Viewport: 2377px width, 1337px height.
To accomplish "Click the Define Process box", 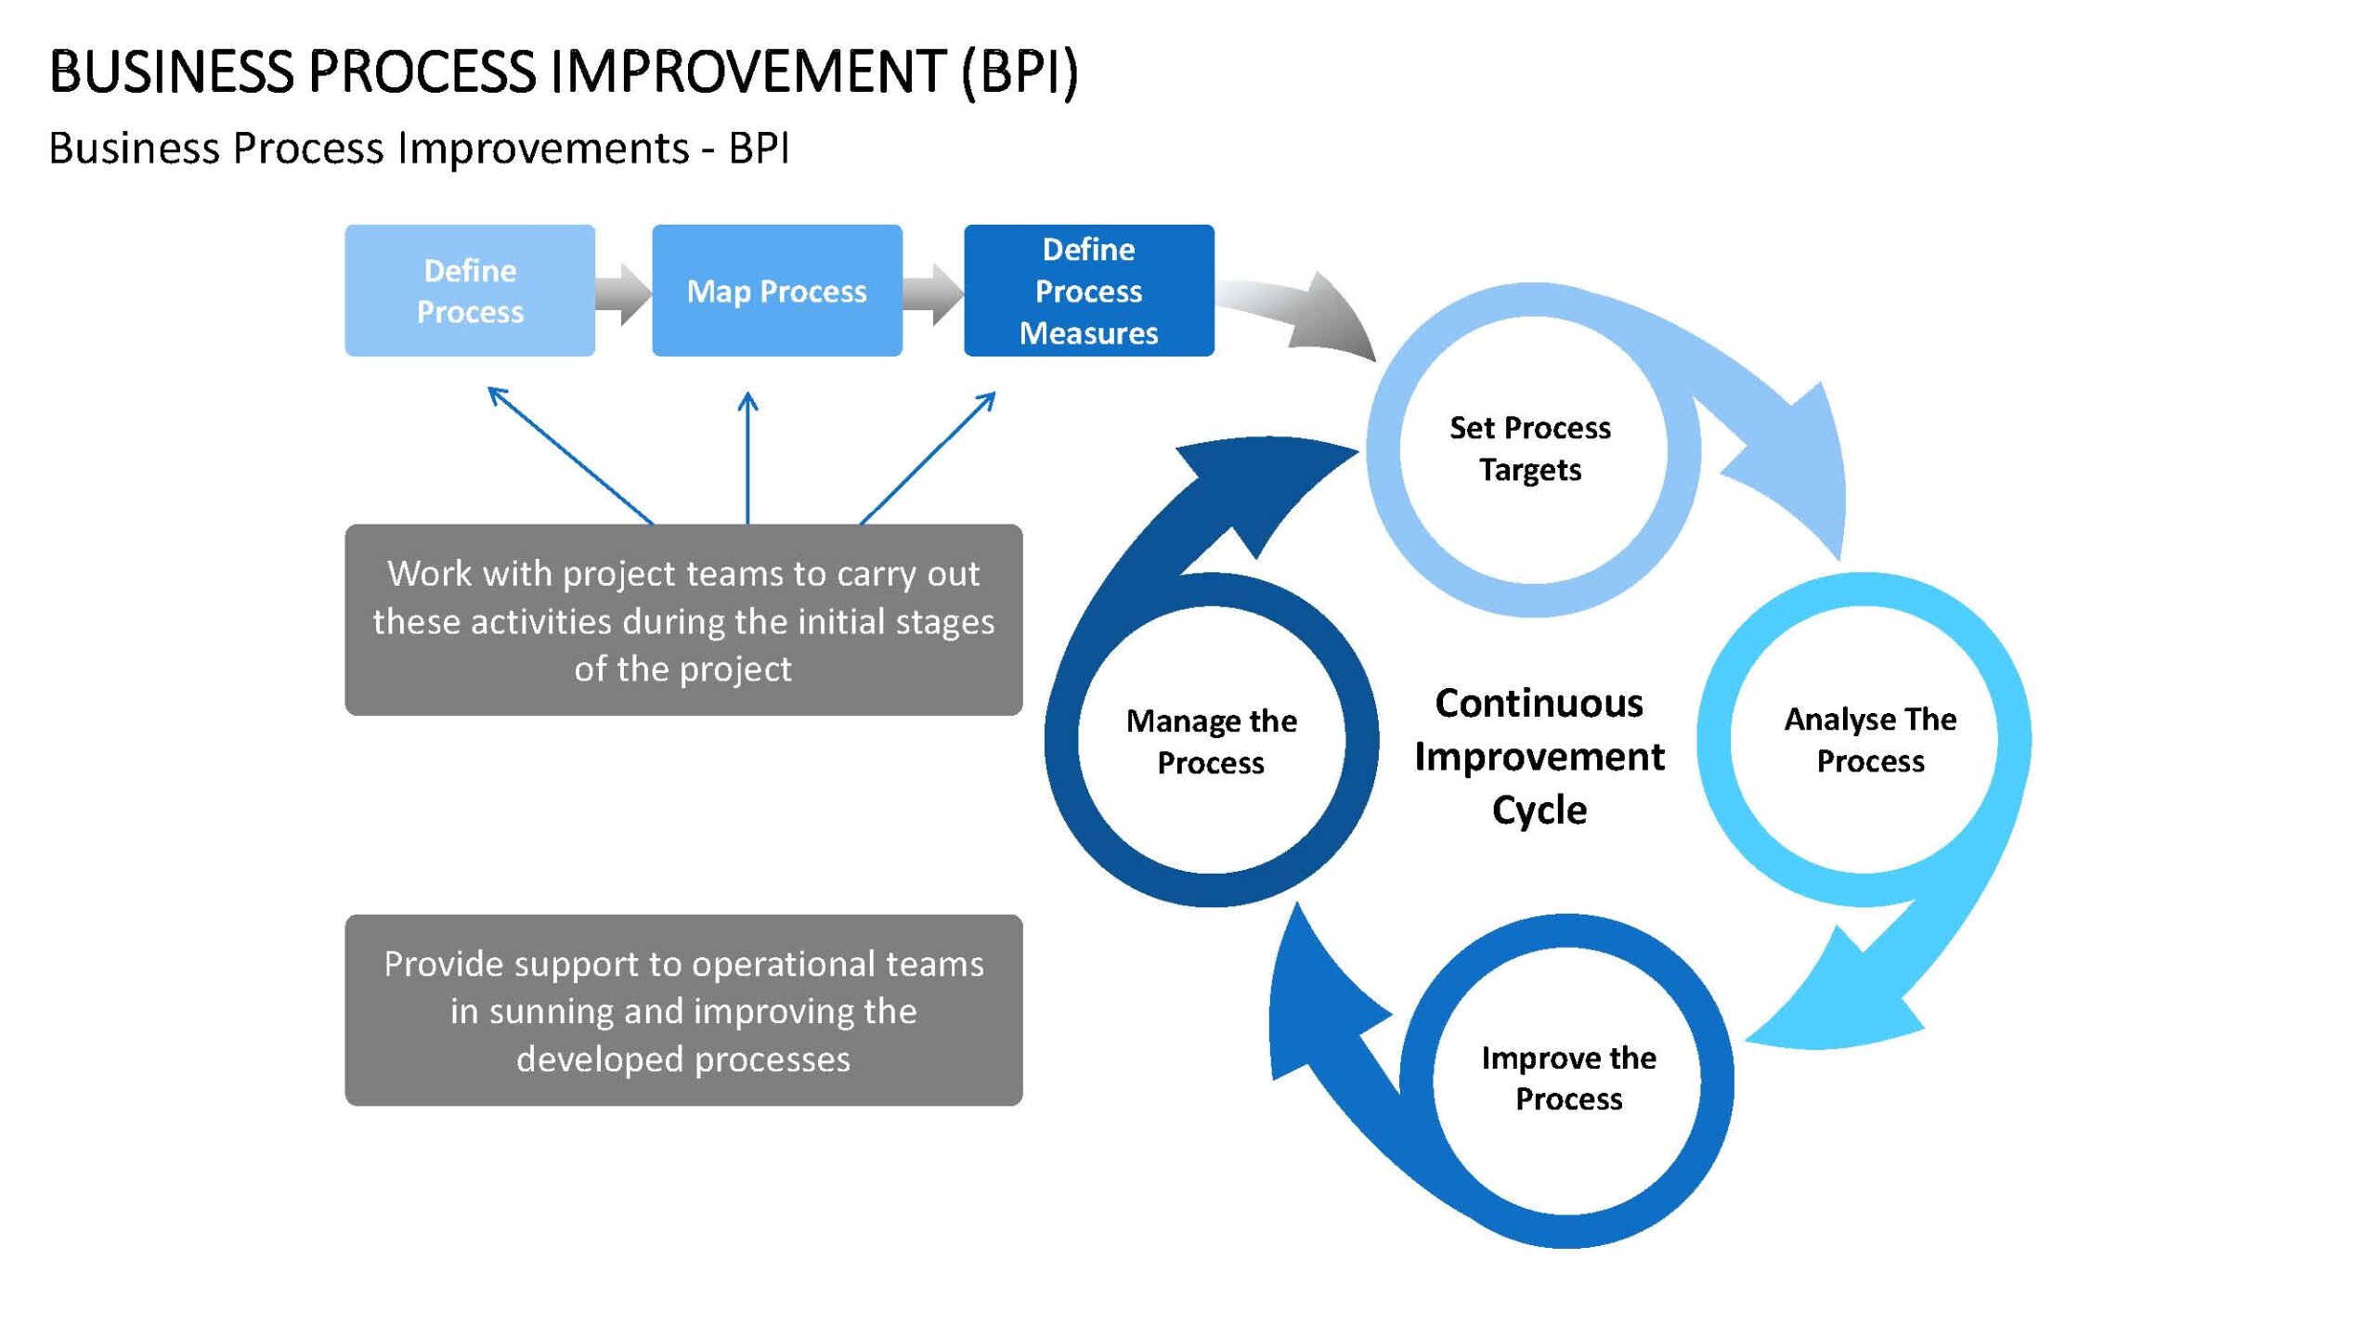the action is coord(470,291).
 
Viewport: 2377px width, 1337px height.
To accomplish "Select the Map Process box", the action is coord(777,291).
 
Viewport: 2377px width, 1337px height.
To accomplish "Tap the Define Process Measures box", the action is coord(1089,291).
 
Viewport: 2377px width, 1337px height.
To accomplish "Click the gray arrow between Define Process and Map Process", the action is coord(623,293).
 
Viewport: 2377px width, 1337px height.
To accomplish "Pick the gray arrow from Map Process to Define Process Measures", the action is coord(933,293).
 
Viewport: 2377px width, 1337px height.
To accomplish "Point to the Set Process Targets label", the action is coord(1530,448).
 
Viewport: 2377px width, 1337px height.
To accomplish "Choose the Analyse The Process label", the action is coord(1870,740).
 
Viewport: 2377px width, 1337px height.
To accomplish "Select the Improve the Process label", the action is coord(1568,1078).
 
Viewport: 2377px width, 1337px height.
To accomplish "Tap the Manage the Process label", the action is coord(1211,742).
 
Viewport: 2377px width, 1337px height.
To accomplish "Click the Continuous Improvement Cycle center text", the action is coord(1539,756).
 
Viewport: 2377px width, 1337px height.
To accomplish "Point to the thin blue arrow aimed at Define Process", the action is coord(570,455).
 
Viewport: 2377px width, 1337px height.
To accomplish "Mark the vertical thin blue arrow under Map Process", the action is coord(747,458).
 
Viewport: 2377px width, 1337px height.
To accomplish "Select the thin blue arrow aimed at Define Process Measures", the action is coord(928,458).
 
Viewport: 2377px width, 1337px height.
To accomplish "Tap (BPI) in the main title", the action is coord(1020,72).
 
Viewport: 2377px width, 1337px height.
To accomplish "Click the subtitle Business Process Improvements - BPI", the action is coord(419,149).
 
